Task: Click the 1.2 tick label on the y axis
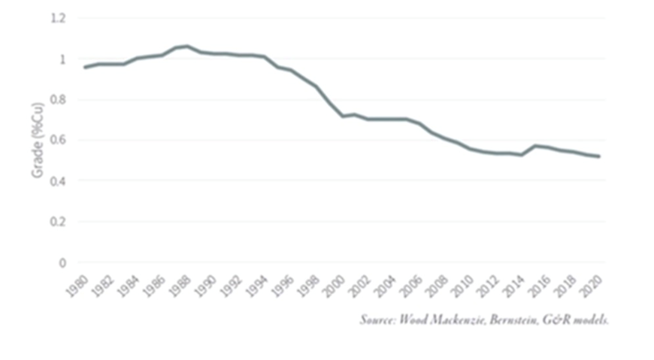pyautogui.click(x=58, y=18)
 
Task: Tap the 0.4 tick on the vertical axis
pyautogui.click(x=58, y=181)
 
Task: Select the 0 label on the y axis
pyautogui.click(x=62, y=263)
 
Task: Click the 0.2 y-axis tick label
pyautogui.click(x=58, y=222)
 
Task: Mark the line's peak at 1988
pyautogui.click(x=187, y=46)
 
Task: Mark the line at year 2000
pyautogui.click(x=343, y=116)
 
